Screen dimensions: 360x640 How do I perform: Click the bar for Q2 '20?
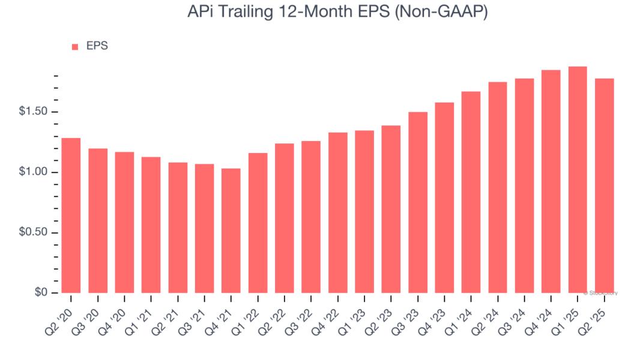[71, 215]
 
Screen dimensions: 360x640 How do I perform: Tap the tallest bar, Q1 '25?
[577, 179]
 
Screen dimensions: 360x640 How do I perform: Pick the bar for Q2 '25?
[603, 185]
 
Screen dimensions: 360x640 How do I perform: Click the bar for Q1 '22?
[258, 223]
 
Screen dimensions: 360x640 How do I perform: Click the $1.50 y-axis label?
[33, 112]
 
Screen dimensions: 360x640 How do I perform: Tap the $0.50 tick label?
[33, 233]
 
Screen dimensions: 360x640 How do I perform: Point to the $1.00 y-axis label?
[33, 173]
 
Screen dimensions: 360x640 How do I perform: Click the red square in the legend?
[75, 47]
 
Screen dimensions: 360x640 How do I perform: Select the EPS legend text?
[96, 46]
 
